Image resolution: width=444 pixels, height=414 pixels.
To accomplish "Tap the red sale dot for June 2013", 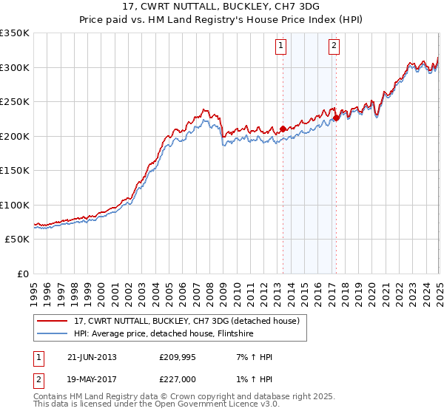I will point(283,129).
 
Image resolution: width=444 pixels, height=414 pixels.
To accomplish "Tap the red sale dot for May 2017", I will point(336,117).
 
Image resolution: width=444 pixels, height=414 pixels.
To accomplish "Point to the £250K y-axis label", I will point(15,102).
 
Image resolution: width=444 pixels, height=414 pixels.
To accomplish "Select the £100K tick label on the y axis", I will point(15,205).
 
